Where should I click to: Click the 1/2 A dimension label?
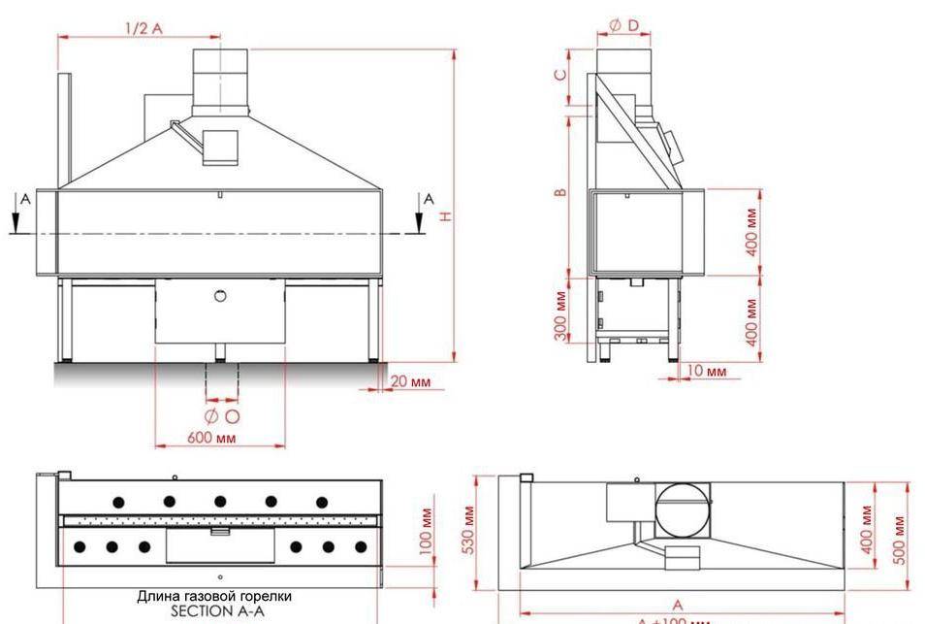coord(144,28)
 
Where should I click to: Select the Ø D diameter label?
coord(623,25)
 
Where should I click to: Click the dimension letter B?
coord(560,192)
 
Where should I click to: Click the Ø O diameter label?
coord(222,416)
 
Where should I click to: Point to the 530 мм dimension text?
coord(469,527)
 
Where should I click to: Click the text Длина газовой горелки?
coord(213,596)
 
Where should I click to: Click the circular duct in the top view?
coord(685,509)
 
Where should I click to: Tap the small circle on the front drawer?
coord(220,294)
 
